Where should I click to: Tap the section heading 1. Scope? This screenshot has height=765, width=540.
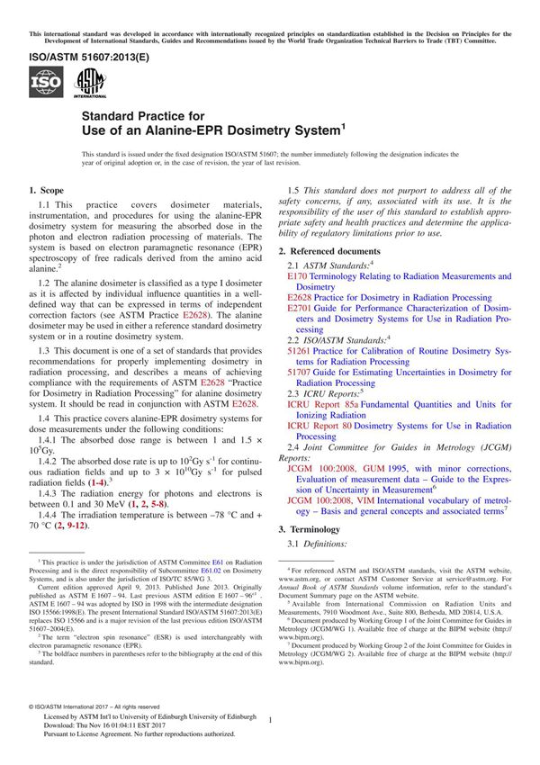pyautogui.click(x=47, y=191)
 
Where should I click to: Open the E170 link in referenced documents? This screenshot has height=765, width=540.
pyautogui.click(x=297, y=277)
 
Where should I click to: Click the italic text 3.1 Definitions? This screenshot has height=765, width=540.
pyautogui.click(x=323, y=545)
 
